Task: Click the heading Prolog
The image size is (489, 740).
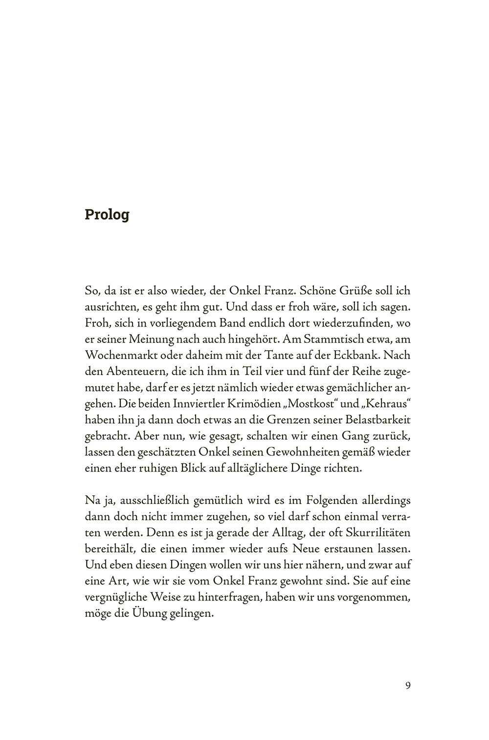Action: (x=107, y=215)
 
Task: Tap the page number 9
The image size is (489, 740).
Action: (x=408, y=685)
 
